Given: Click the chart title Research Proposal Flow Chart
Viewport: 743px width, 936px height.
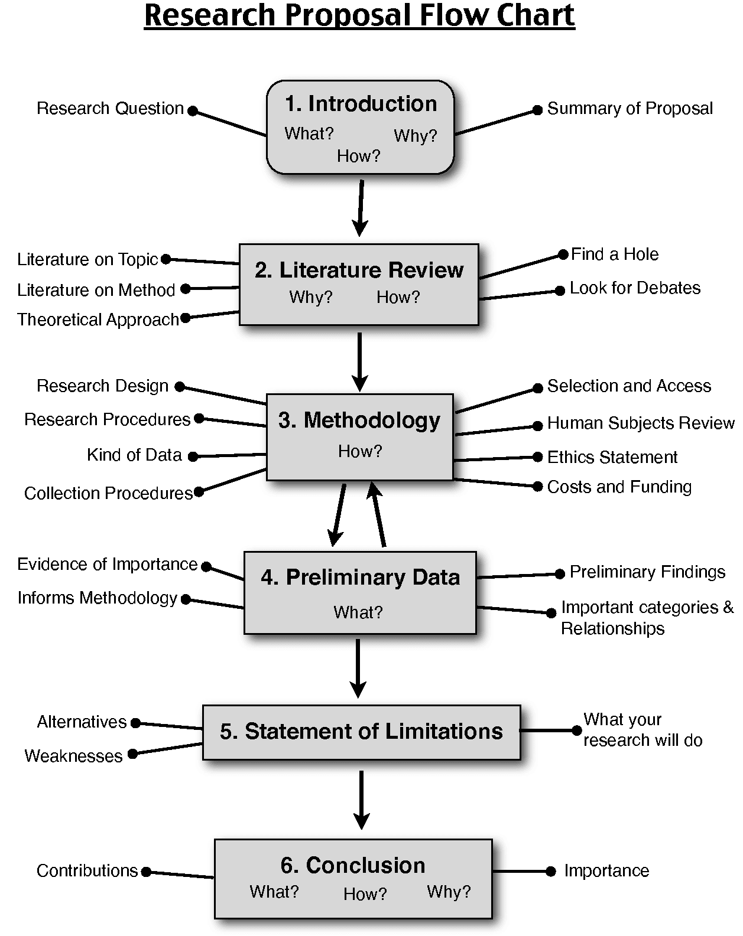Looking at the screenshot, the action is pyautogui.click(x=359, y=16).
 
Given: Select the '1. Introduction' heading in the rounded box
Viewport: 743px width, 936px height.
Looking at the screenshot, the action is pyautogui.click(x=361, y=104).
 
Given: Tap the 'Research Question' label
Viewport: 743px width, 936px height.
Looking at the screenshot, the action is pyautogui.click(x=110, y=108).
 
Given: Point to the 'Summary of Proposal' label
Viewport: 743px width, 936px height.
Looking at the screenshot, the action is pyautogui.click(x=630, y=108).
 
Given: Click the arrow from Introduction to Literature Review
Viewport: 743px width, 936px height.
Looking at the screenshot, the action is pyautogui.click(x=361, y=208).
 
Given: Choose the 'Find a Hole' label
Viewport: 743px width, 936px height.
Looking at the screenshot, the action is pyautogui.click(x=615, y=254).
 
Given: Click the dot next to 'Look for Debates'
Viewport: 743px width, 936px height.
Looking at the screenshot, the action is pyautogui.click(x=560, y=291).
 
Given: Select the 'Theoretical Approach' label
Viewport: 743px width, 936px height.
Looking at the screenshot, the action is pyautogui.click(x=98, y=319).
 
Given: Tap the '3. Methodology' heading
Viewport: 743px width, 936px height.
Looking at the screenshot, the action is pyautogui.click(x=359, y=420).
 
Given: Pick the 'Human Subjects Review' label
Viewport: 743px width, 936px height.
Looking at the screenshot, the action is pyautogui.click(x=641, y=423).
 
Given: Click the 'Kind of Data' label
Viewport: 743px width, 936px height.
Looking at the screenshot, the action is pyautogui.click(x=134, y=455).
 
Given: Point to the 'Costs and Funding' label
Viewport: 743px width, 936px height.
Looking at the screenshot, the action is pyautogui.click(x=619, y=487).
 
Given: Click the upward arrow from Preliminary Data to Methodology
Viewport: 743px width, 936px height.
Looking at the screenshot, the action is pyautogui.click(x=378, y=514).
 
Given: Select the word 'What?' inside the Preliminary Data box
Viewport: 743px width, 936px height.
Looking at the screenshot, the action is pyautogui.click(x=358, y=612).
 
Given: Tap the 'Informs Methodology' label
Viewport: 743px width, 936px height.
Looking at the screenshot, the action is pyautogui.click(x=98, y=598).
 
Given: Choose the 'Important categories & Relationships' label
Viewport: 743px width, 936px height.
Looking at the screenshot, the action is pyautogui.click(x=647, y=618).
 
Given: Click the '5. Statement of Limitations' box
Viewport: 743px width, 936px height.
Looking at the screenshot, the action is pyautogui.click(x=362, y=732).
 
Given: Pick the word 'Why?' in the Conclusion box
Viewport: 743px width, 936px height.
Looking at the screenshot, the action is pyautogui.click(x=449, y=892).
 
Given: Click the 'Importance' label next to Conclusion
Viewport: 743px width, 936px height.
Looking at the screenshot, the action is pyautogui.click(x=606, y=871).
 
